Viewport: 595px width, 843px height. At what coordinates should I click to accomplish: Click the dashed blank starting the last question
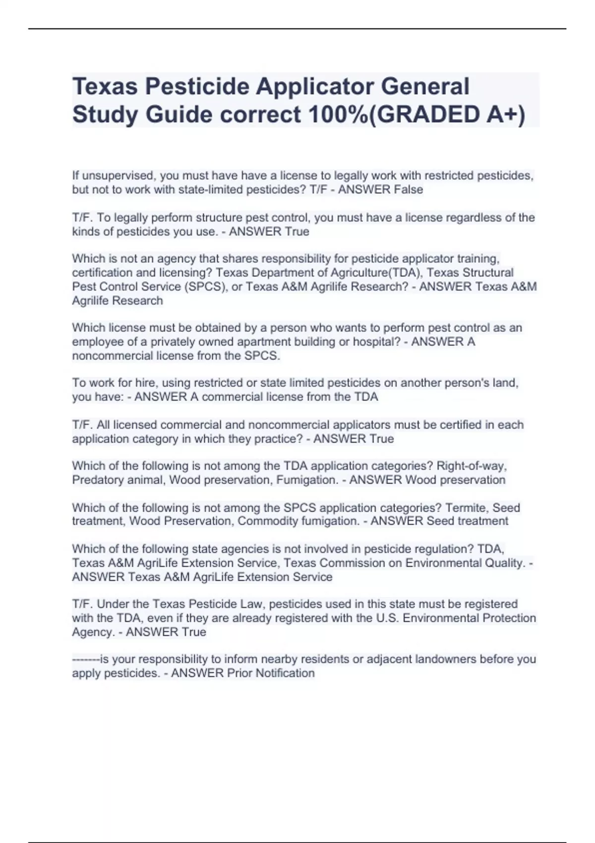click(x=86, y=659)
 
